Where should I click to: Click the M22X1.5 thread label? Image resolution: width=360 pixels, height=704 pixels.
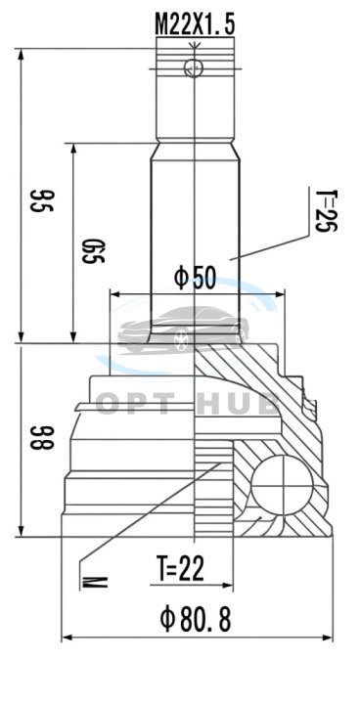(x=195, y=24)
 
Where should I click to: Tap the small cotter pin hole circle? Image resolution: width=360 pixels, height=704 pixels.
(x=194, y=68)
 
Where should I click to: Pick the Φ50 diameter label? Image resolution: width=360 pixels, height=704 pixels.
(x=196, y=278)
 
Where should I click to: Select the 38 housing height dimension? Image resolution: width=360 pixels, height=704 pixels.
(x=42, y=438)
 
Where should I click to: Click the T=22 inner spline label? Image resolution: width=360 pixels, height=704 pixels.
(x=180, y=568)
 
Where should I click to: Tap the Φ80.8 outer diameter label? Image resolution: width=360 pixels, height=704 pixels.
(x=196, y=619)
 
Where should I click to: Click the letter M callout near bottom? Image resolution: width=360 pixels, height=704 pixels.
(x=95, y=583)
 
